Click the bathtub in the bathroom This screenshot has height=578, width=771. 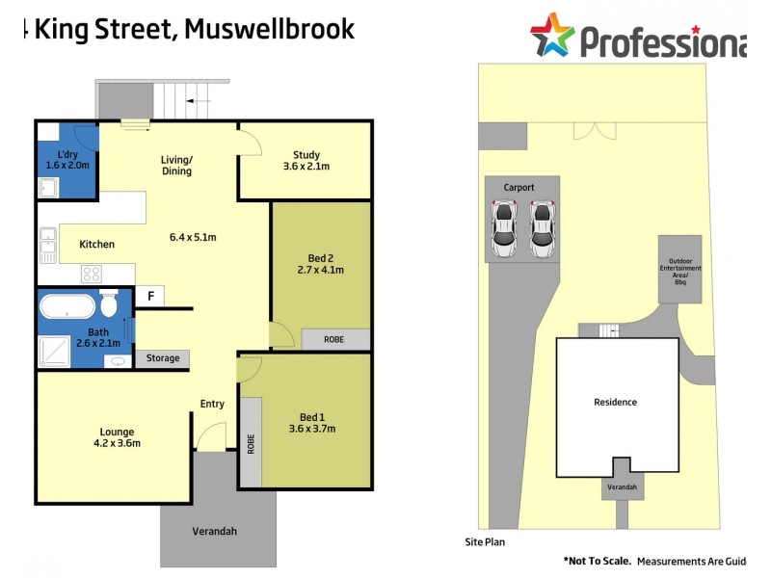[67, 307]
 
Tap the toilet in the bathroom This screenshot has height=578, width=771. [109, 305]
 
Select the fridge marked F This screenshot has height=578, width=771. [149, 297]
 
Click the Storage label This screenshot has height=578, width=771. [163, 358]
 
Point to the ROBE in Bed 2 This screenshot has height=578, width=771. [333, 339]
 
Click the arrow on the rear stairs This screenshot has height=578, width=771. [201, 99]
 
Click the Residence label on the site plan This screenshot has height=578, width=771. [615, 402]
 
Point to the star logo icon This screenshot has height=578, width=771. [552, 36]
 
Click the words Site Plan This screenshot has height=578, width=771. [485, 542]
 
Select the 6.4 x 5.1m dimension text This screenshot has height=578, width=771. [193, 237]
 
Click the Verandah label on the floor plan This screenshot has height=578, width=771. [214, 531]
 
